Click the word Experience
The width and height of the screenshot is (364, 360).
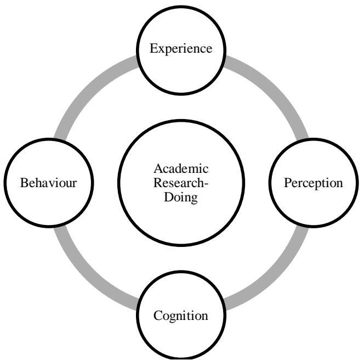tap(181, 49)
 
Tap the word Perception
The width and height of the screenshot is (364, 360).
tap(314, 183)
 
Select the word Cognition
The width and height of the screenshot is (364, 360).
tap(181, 316)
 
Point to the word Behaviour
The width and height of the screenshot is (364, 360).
tap(48, 183)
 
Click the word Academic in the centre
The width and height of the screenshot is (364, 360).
tap(181, 168)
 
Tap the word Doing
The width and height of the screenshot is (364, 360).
tap(181, 197)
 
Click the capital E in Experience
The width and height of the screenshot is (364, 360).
tap(153, 49)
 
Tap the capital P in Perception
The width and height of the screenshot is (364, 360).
tap(287, 183)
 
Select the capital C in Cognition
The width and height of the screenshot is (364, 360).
tap(157, 316)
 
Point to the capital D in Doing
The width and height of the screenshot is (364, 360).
tap(168, 197)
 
